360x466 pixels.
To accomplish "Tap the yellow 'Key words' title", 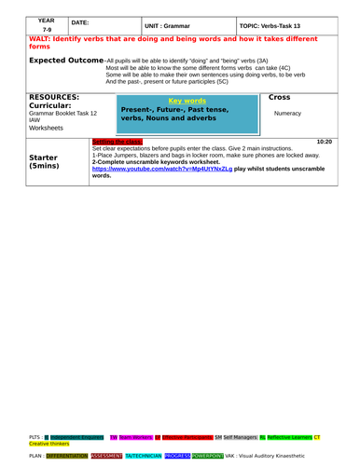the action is [x=185, y=99].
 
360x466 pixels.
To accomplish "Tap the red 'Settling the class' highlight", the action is [x=117, y=141].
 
